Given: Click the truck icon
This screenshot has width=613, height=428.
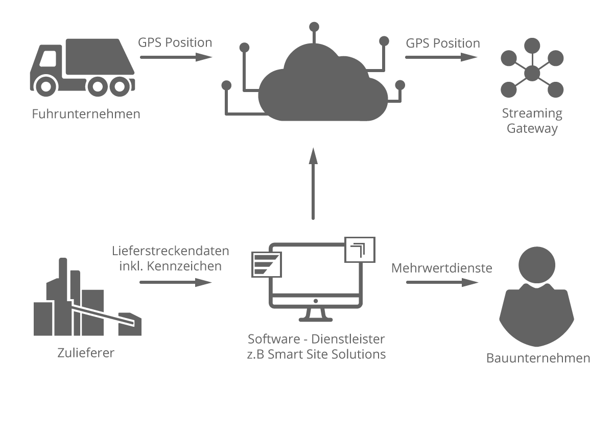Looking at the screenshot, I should coord(82,70).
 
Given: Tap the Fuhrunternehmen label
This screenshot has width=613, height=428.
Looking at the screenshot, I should coord(86,114).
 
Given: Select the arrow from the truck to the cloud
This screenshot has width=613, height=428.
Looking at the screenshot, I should coord(175,57).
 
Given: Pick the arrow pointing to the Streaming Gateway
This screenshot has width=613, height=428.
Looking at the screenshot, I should coord(441,57).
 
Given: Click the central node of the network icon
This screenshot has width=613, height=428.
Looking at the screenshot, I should coord(532,73).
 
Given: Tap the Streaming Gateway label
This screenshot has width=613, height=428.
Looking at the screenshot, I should coord(532,121).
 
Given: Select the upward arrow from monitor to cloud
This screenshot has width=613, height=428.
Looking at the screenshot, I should coord(313,184).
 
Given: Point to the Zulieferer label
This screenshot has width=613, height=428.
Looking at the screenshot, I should coord(86,353).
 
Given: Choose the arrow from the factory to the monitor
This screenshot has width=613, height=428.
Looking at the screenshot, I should coord(175,282).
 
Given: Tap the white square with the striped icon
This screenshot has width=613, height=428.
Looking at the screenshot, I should coord(267,264).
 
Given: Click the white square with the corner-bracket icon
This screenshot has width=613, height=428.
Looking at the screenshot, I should coord(360,250).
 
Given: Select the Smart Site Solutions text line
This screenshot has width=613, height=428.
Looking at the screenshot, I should coord(316,354).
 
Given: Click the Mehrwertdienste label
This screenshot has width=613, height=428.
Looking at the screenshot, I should coord(442,268).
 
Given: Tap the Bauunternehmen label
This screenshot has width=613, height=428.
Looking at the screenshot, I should coord(538,358).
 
